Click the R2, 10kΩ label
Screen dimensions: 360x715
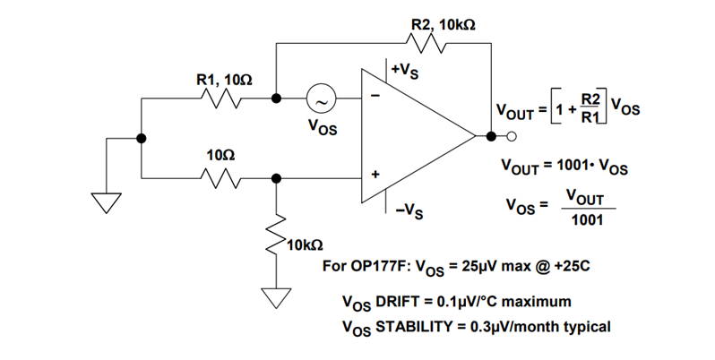point(444,23)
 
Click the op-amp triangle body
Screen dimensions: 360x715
point(412,136)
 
